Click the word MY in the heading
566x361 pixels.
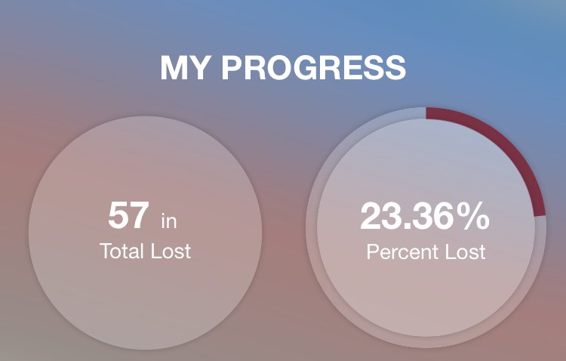pyautogui.click(x=184, y=67)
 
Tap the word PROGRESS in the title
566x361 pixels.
pyautogui.click(x=314, y=67)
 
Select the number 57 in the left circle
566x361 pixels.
pyautogui.click(x=128, y=215)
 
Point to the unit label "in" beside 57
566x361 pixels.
pyautogui.click(x=169, y=221)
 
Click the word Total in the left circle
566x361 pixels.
pyautogui.click(x=122, y=251)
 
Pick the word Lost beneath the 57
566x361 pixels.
pyautogui.click(x=171, y=251)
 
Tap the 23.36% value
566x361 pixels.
pyautogui.click(x=425, y=216)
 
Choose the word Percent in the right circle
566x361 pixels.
pyautogui.click(x=403, y=251)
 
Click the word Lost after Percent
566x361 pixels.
pyautogui.click(x=466, y=251)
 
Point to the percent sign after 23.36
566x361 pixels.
pyautogui.click(x=475, y=216)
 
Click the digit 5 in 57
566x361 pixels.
pyautogui.click(x=118, y=215)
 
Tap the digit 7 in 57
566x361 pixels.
pyautogui.click(x=139, y=215)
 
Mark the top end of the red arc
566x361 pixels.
pyautogui.click(x=426, y=113)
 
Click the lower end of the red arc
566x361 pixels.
pyautogui.click(x=540, y=216)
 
